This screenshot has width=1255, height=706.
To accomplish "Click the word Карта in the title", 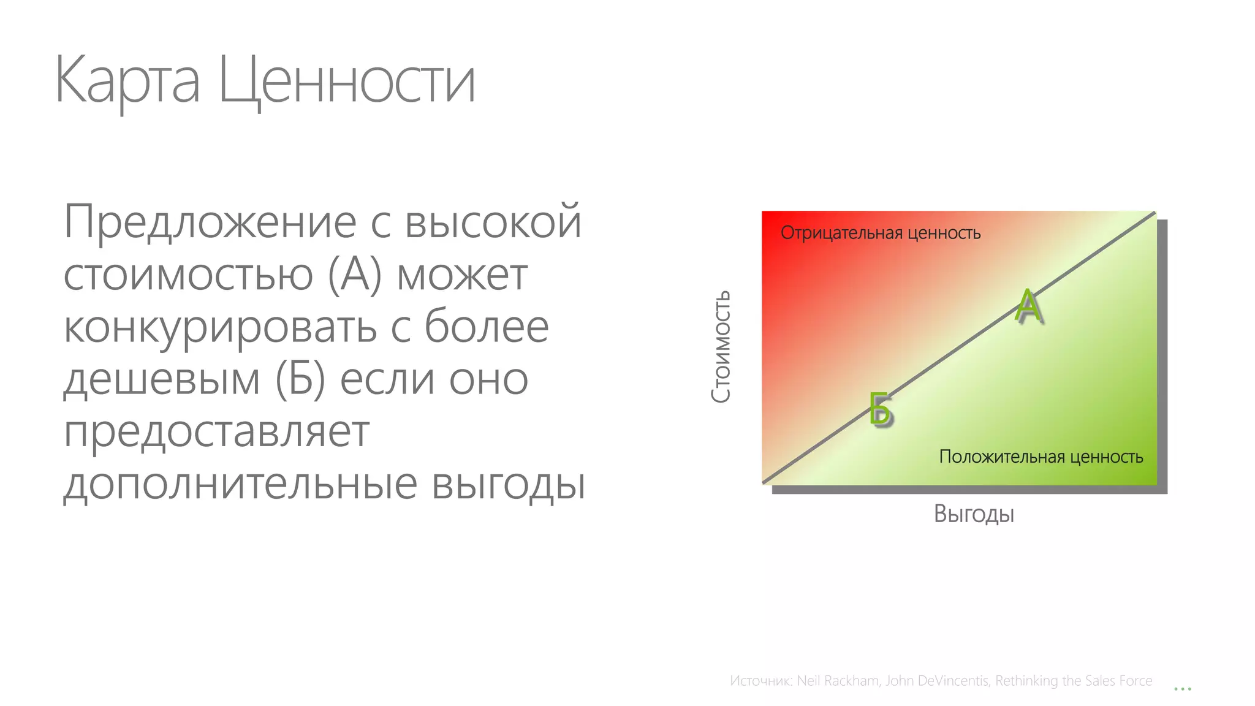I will [127, 80].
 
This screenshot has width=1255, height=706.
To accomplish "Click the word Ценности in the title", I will [347, 80].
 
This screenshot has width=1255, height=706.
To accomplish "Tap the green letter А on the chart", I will [1028, 306].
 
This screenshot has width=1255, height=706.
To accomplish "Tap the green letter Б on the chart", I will [881, 409].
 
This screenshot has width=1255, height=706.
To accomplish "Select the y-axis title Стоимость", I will [721, 346].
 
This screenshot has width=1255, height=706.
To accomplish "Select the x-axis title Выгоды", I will [974, 514].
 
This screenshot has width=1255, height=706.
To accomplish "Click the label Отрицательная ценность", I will [881, 233].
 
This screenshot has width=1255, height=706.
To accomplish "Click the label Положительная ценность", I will [1041, 457].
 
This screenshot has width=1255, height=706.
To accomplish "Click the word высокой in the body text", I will [493, 222].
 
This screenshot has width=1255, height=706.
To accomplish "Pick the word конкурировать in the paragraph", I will [220, 327].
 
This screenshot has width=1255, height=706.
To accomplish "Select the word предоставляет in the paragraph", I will [216, 432].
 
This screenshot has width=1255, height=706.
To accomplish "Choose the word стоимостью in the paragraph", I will [188, 275].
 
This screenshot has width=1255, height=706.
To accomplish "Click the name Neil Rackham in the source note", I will [838, 681].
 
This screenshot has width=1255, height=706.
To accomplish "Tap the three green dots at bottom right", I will [1182, 689].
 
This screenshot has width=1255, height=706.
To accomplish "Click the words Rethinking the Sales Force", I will [1074, 681].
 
